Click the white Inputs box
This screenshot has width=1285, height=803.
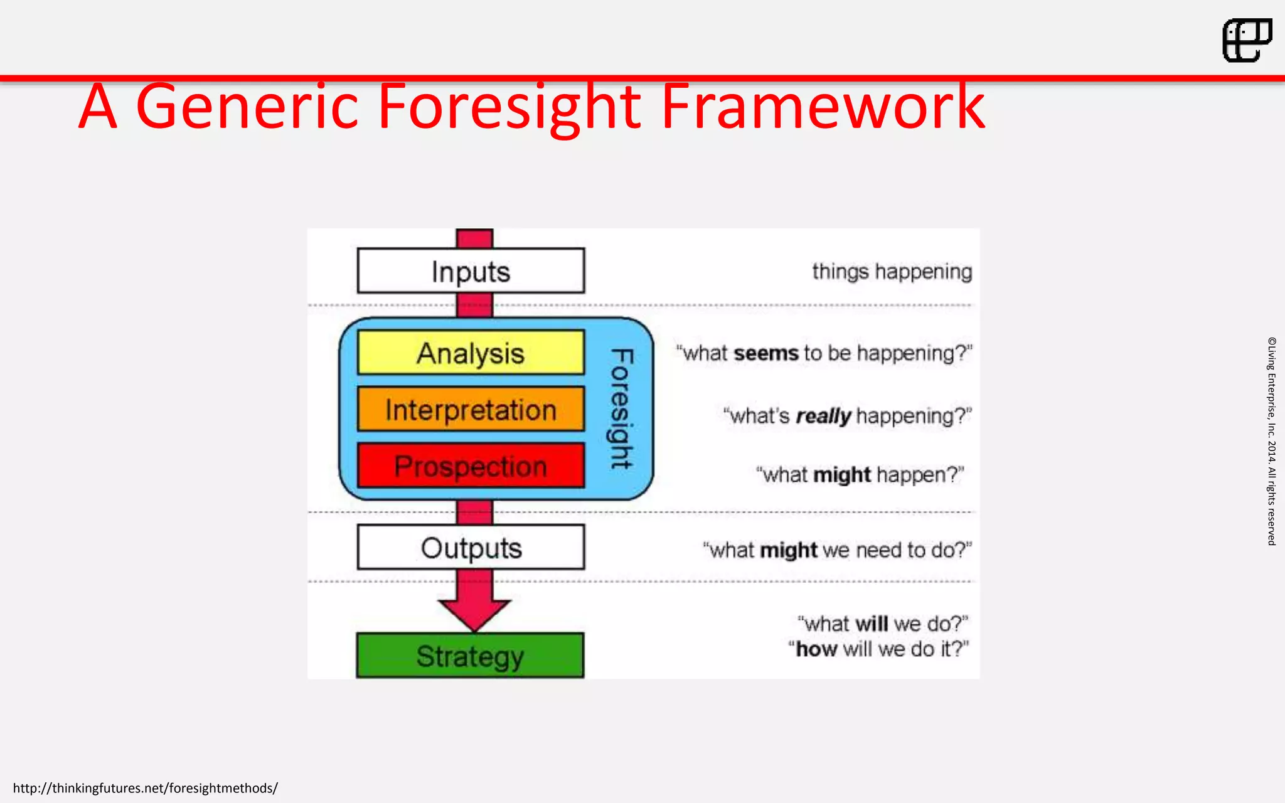click(471, 271)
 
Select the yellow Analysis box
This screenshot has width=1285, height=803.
click(471, 353)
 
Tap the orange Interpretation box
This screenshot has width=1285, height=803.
click(471, 410)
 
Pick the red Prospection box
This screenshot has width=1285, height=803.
click(471, 466)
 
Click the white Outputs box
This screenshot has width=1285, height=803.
click(471, 548)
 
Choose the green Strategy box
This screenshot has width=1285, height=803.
click(470, 656)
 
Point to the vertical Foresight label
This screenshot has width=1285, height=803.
click(621, 409)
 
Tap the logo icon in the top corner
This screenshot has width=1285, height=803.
click(1247, 40)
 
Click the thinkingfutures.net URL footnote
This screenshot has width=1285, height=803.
click(145, 788)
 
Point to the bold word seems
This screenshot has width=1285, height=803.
click(765, 353)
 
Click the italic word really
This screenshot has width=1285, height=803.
click(823, 416)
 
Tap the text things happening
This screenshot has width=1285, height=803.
click(892, 272)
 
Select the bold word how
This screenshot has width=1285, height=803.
click(816, 649)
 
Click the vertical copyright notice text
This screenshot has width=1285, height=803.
click(1271, 441)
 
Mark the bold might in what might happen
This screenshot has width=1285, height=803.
click(842, 475)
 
